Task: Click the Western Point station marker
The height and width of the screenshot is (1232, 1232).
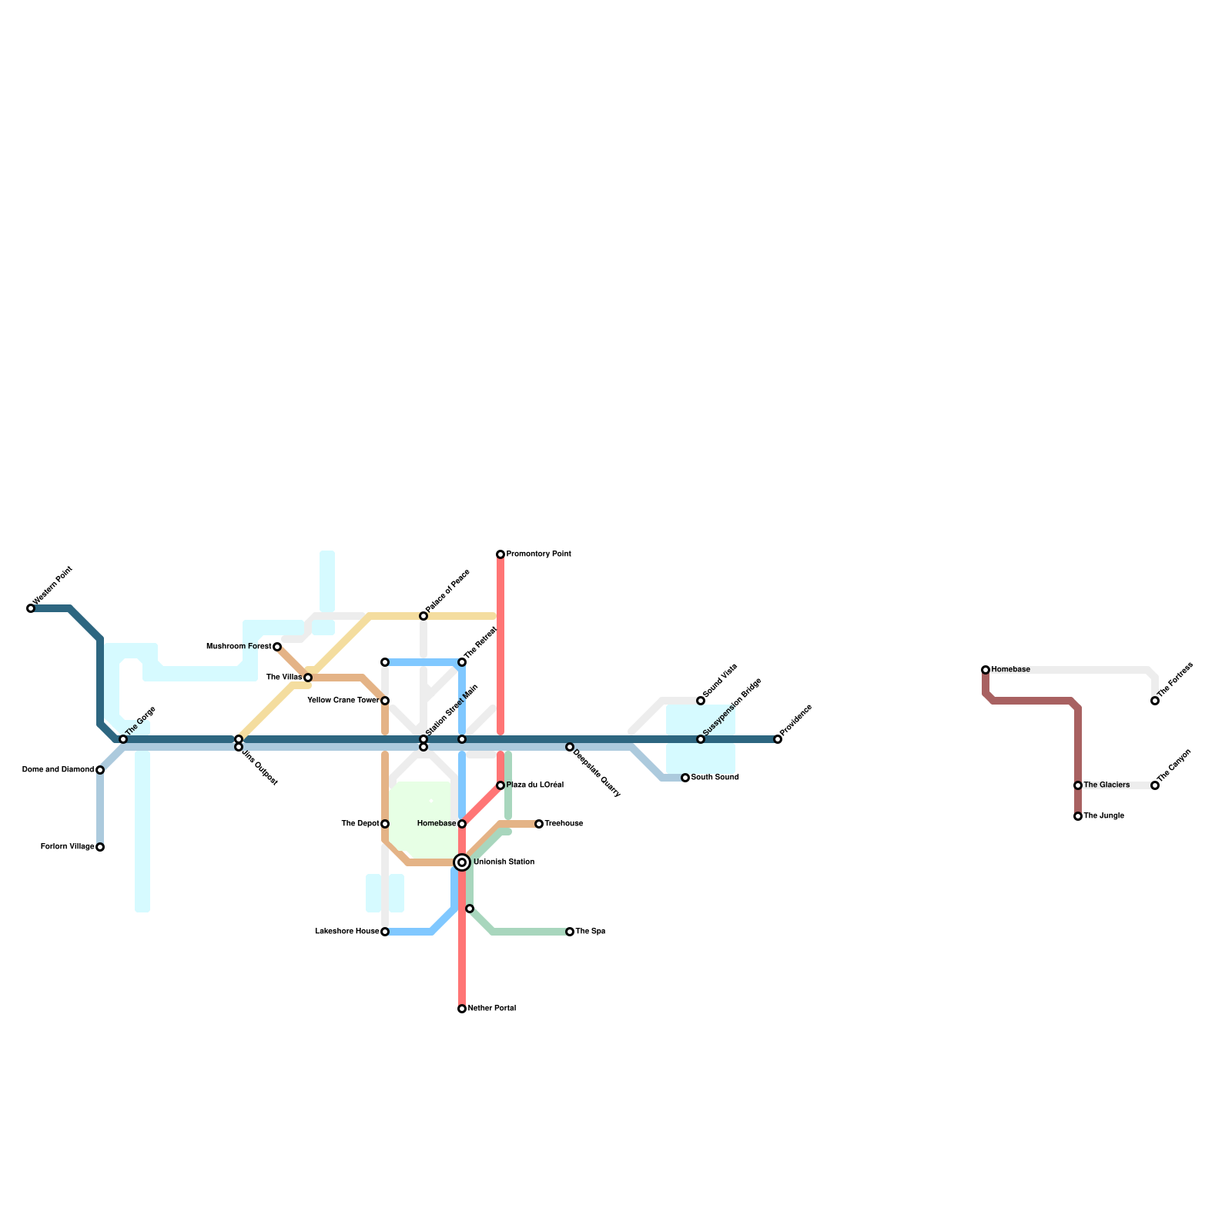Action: (x=31, y=608)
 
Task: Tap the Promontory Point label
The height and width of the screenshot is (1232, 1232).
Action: (x=538, y=554)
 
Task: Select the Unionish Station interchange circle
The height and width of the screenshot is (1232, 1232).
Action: (x=462, y=862)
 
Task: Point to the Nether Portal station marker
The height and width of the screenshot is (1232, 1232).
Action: (x=462, y=1009)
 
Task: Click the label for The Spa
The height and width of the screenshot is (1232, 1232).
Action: (x=590, y=932)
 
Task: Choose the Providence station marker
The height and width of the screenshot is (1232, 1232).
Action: (x=778, y=739)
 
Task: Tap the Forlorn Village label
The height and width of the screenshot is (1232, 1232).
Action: (x=67, y=847)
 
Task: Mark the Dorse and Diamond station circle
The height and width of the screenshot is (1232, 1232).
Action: (x=100, y=770)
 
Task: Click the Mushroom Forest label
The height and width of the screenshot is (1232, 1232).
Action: (x=239, y=647)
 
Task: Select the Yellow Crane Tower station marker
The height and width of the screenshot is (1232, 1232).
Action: (x=385, y=701)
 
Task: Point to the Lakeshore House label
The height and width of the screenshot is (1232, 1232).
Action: (x=346, y=932)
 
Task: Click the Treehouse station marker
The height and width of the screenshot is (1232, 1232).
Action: (x=539, y=824)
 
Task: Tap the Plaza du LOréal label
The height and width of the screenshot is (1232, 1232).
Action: (x=534, y=785)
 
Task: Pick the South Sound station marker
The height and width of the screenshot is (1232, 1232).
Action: (x=685, y=778)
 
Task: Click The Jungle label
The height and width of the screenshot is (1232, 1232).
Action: (x=1103, y=816)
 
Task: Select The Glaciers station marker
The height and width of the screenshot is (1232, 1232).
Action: (x=1078, y=785)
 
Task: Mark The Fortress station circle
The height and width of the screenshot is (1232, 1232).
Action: (x=1155, y=701)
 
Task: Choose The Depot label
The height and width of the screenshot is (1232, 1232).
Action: (x=360, y=824)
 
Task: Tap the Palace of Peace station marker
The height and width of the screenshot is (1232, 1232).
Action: (x=423, y=616)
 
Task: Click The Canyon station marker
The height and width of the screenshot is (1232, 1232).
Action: (x=1155, y=785)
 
